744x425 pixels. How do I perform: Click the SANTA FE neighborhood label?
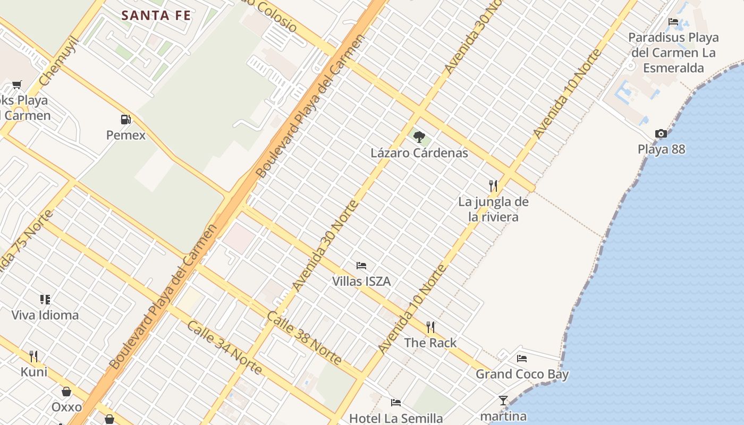[156, 15]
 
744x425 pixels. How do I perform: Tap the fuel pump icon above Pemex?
[125, 120]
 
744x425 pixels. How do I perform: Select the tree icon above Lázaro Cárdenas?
[419, 137]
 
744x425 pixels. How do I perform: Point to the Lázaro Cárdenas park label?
[419, 153]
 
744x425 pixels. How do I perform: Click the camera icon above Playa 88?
[661, 134]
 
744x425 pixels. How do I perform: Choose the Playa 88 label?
[661, 149]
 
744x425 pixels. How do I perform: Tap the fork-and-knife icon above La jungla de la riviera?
[493, 185]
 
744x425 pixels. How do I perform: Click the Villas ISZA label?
[361, 281]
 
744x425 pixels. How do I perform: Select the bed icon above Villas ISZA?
[361, 266]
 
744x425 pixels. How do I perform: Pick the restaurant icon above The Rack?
[430, 327]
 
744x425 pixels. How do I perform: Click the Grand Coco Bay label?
[522, 374]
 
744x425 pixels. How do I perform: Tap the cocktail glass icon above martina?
[503, 401]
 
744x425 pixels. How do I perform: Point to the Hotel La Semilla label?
[396, 418]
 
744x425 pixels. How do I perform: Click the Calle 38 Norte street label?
[305, 338]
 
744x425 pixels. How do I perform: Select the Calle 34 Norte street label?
[224, 347]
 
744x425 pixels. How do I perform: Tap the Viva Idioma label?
[45, 315]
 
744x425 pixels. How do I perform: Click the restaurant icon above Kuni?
[33, 355]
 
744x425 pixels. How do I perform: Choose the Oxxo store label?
[66, 407]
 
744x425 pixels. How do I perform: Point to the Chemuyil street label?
[59, 62]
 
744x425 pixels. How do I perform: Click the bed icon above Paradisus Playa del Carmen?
[673, 22]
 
